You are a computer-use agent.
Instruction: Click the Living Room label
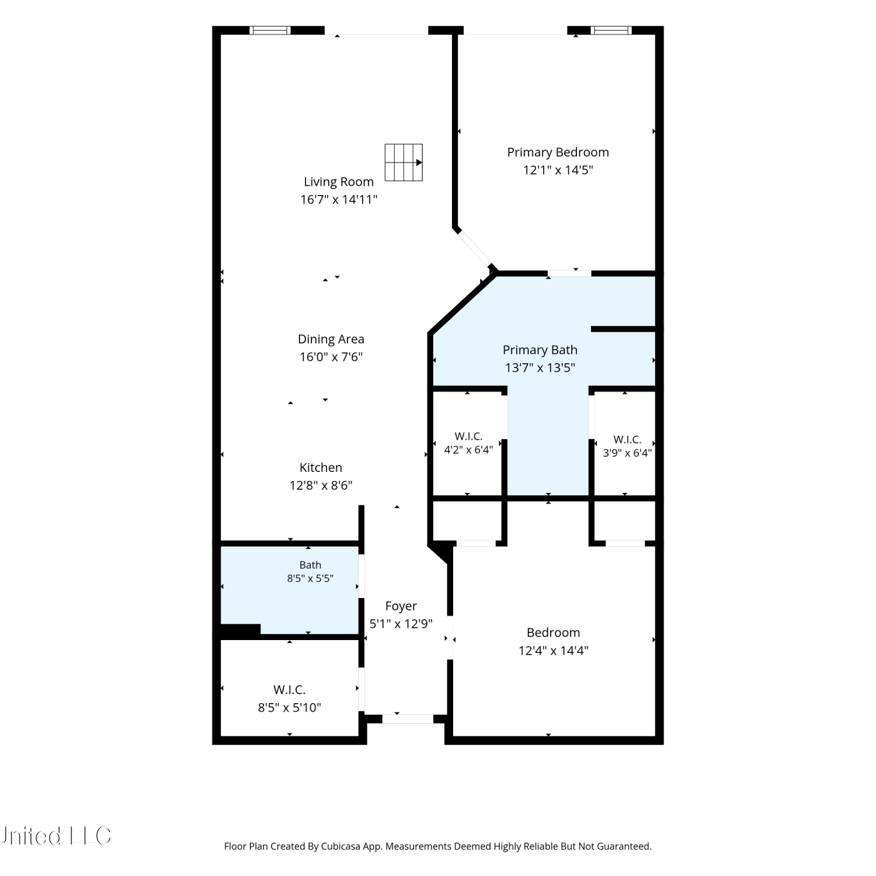(339, 182)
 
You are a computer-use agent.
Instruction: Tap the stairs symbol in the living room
(404, 162)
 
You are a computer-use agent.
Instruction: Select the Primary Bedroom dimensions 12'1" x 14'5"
(558, 170)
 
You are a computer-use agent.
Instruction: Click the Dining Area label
(331, 339)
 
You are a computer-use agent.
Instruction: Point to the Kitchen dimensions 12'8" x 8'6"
(321, 485)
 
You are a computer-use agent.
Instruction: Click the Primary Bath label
(540, 350)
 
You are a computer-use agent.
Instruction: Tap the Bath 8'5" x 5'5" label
(310, 571)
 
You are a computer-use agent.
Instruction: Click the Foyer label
(401, 606)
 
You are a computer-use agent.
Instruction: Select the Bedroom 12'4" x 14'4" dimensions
(554, 651)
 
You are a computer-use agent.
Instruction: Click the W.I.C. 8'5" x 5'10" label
(290, 698)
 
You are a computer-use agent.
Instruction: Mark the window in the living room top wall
(270, 30)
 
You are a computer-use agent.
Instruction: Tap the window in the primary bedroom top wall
(611, 30)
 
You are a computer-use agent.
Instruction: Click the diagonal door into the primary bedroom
(475, 249)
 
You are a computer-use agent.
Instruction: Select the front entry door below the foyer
(408, 719)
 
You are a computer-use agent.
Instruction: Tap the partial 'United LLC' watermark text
(55, 836)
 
